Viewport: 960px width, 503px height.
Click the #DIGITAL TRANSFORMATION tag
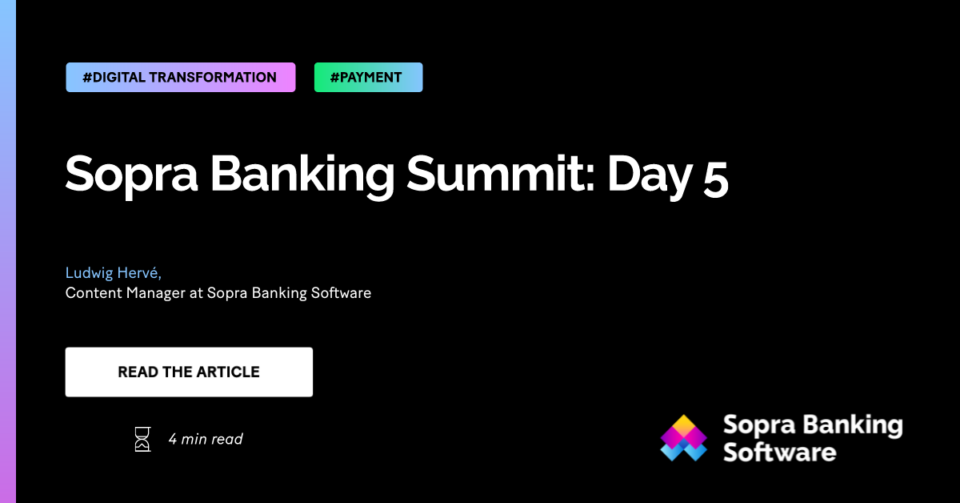point(180,78)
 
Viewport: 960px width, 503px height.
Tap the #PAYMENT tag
point(368,78)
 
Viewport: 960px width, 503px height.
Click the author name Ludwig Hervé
point(114,274)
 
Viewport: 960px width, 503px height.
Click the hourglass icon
point(142,439)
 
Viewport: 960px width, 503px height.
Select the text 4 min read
point(206,439)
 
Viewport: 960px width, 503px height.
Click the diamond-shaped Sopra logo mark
point(684,439)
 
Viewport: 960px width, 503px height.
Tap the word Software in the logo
point(779,453)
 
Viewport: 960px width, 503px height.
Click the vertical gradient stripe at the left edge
point(8,251)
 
